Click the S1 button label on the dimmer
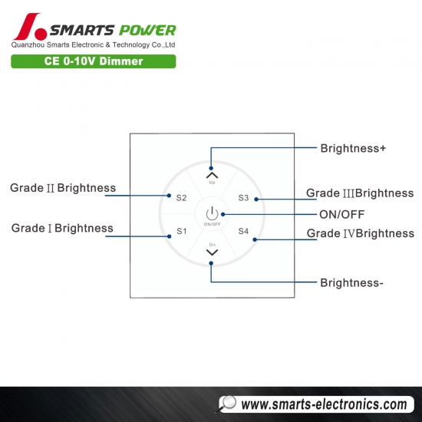pyautogui.click(x=181, y=231)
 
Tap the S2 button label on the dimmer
pyautogui.click(x=181, y=198)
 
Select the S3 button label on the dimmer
pyautogui.click(x=243, y=198)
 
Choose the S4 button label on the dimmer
pyautogui.click(x=243, y=231)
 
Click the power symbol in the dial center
pyautogui.click(x=212, y=213)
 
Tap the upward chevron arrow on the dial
pyautogui.click(x=212, y=175)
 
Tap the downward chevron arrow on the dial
pyautogui.click(x=212, y=252)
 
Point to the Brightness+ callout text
pyautogui.click(x=353, y=148)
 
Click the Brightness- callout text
pyautogui.click(x=351, y=283)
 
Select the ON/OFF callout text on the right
pyautogui.click(x=341, y=215)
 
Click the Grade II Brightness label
pyautogui.click(x=63, y=188)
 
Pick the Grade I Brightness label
pyautogui.click(x=62, y=228)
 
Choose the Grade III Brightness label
pyautogui.click(x=360, y=193)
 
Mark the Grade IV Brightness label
pyautogui.click(x=361, y=233)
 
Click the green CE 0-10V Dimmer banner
pyautogui.click(x=94, y=61)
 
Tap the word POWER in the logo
pyautogui.click(x=147, y=30)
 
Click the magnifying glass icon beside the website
pyautogui.click(x=226, y=404)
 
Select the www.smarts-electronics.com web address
pyautogui.click(x=324, y=404)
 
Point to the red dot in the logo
pyautogui.click(x=41, y=34)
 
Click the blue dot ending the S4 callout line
pyautogui.click(x=255, y=239)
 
